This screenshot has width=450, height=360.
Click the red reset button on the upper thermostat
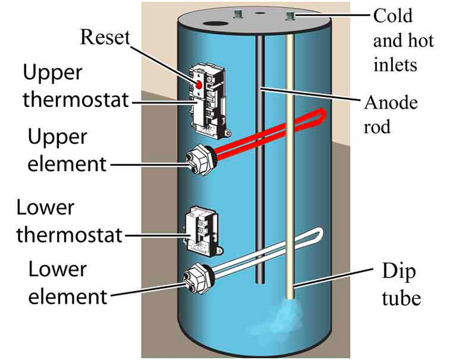click(198, 84)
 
